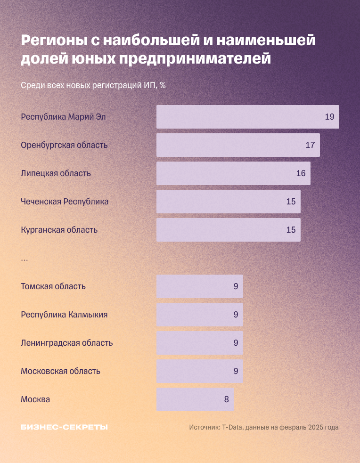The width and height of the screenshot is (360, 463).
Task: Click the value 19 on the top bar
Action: point(329,117)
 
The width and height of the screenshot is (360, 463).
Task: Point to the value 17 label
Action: point(310,145)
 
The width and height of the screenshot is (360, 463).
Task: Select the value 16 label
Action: point(301,173)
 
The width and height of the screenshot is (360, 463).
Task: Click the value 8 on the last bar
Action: point(226,399)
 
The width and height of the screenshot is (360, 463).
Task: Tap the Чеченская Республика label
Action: point(65,202)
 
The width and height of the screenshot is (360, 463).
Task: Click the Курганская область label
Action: point(59,230)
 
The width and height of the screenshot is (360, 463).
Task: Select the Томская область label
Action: point(53,286)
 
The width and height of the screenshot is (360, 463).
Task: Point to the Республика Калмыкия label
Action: point(64,315)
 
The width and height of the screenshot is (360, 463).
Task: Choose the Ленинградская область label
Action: point(66,343)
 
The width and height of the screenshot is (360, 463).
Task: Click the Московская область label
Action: point(60,371)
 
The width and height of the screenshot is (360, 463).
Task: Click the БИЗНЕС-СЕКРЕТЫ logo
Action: point(64,427)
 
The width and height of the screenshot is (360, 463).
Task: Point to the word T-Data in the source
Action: point(232,427)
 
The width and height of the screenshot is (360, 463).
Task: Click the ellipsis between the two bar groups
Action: point(25,260)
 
